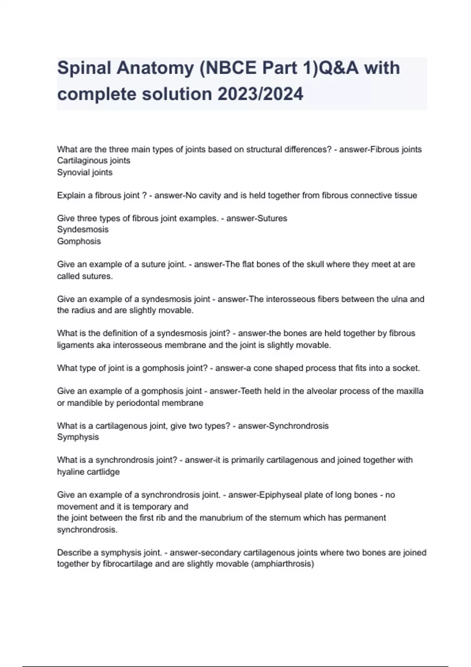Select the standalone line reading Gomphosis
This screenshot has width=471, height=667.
(79, 241)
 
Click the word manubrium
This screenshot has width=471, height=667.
(221, 518)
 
